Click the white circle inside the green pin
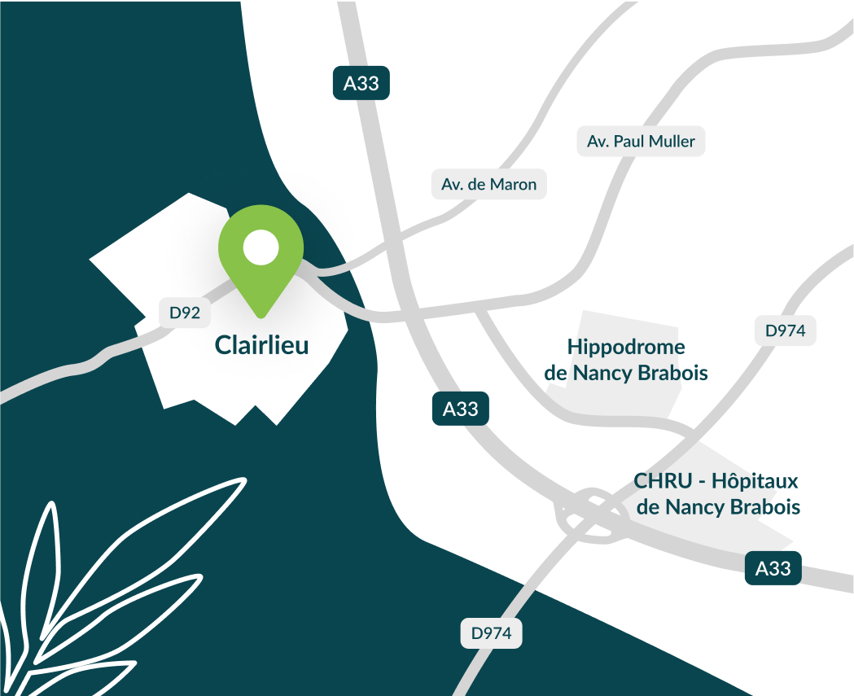pos(261,247)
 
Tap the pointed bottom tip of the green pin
pos(261,316)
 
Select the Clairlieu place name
pos(261,345)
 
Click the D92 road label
pos(185,312)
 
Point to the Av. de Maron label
pos(488,185)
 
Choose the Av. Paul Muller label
pos(641,142)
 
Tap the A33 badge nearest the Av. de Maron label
pos(361,84)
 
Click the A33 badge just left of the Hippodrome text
pos(460,409)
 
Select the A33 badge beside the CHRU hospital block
pos(773,568)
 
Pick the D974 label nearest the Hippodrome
pos(785,330)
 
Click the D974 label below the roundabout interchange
pos(491,633)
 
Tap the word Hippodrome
pos(626,348)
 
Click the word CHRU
pos(660,480)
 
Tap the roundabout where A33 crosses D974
pos(587,512)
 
